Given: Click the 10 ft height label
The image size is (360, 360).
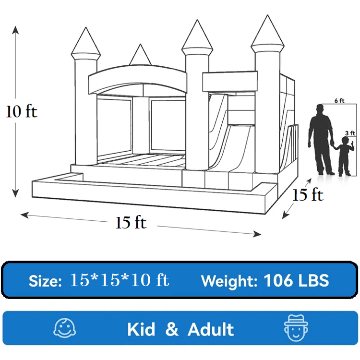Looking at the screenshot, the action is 22,111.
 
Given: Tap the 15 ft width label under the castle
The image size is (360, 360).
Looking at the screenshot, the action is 131,222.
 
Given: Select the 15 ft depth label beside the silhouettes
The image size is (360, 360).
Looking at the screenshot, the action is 308,195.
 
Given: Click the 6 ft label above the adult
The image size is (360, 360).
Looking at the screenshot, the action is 339,101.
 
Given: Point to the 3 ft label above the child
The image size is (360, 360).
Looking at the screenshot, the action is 350,133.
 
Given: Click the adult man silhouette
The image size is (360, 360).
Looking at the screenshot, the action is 321,140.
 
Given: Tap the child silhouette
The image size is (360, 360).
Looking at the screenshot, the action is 344,156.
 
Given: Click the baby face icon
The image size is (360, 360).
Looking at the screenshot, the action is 64,328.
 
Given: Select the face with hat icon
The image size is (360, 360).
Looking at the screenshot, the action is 296,328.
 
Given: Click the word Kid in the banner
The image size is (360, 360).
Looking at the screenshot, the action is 141,329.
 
